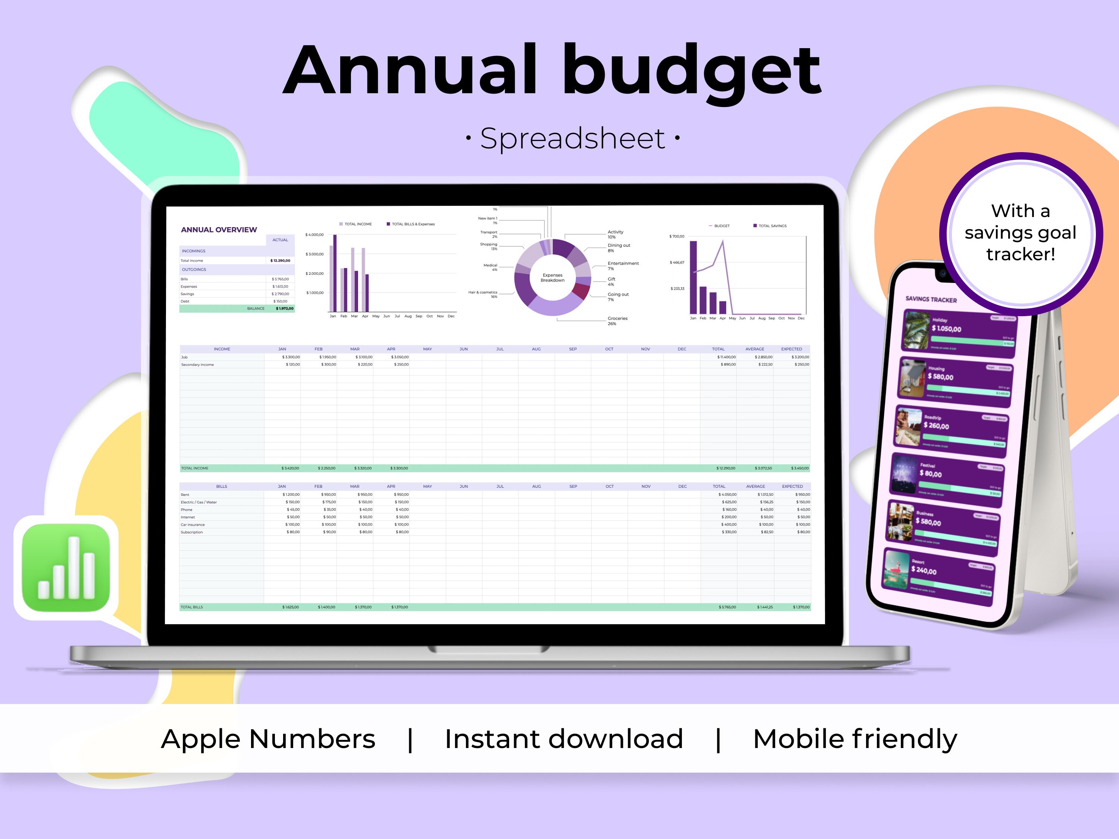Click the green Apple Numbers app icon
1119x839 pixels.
pos(66,568)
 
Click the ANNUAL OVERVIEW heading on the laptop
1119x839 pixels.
pos(219,230)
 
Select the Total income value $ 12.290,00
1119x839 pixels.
pos(280,260)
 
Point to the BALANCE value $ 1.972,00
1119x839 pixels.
pos(284,308)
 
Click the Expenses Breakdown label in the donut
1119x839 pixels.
pos(552,278)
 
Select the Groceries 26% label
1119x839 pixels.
pos(617,321)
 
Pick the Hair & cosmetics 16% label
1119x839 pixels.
pos(483,294)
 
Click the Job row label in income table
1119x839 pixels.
pos(185,357)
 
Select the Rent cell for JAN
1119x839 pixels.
pos(291,494)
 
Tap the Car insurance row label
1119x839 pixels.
pos(193,524)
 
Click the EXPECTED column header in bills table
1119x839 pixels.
pos(792,487)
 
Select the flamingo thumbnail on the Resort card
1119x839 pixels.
pos(896,570)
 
